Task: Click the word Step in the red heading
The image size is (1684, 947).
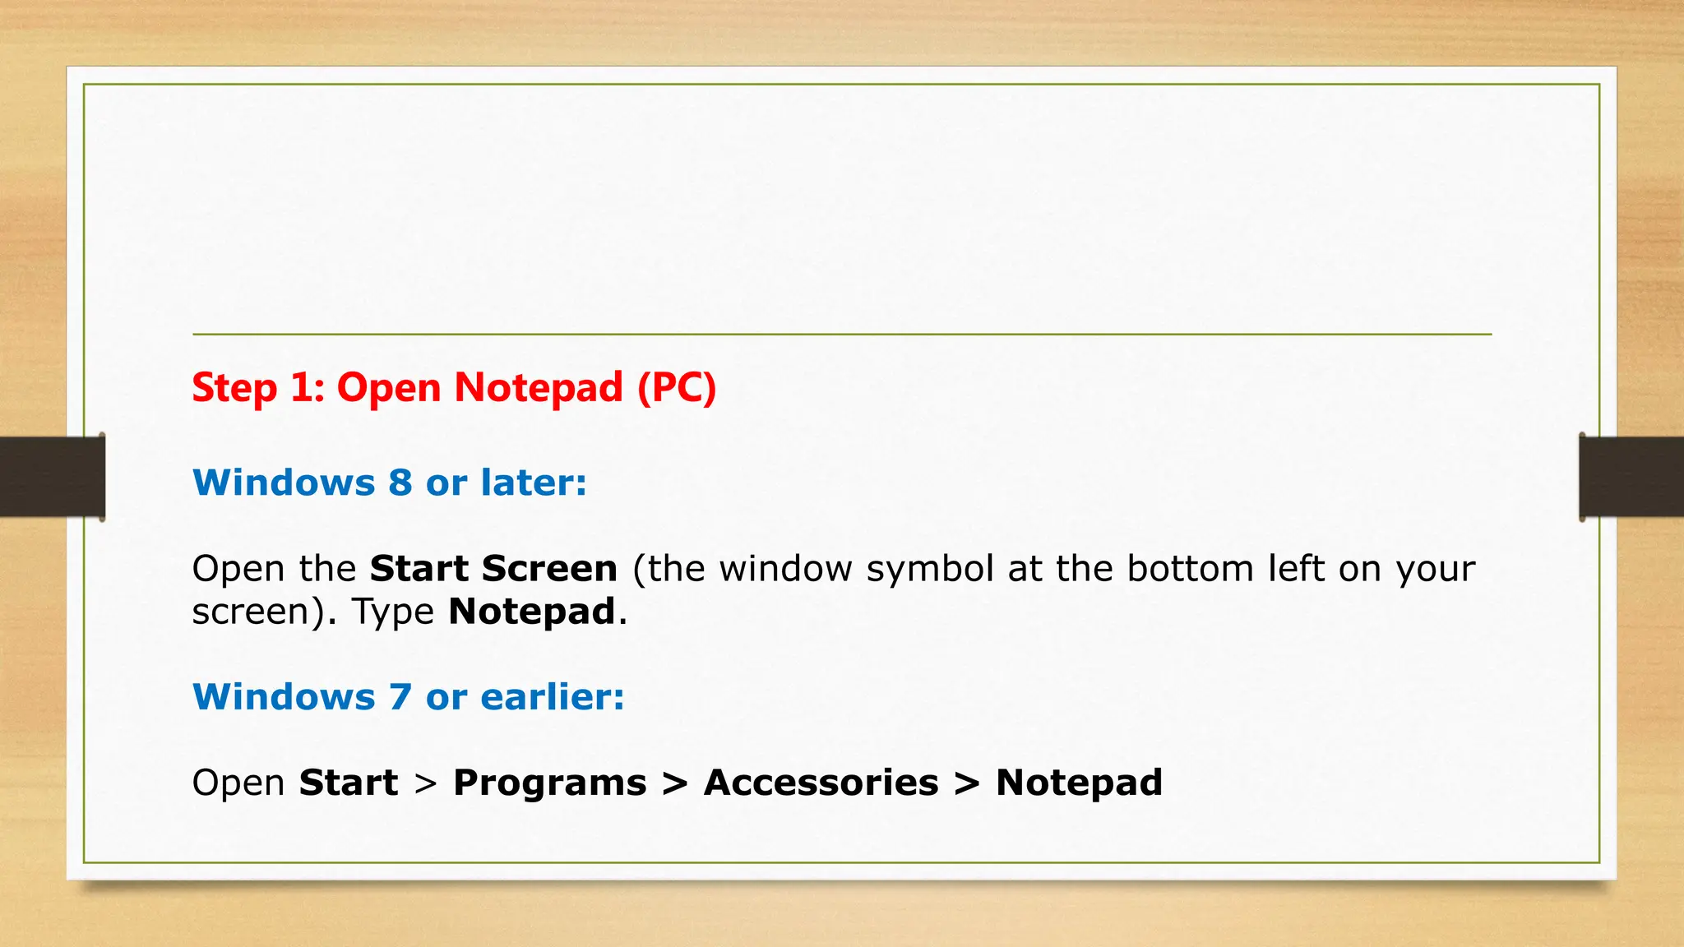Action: [234, 388]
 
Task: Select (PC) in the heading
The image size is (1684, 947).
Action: [677, 388]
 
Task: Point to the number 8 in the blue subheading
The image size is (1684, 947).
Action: [400, 483]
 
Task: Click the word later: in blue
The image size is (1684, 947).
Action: [534, 483]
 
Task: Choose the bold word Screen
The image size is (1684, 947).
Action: [549, 569]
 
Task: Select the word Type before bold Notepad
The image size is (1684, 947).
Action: [393, 612]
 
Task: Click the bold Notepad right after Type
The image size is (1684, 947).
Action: [532, 612]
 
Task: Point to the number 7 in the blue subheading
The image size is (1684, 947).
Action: [400, 697]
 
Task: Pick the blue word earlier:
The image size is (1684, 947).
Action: [553, 697]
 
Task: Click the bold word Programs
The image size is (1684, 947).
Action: [549, 783]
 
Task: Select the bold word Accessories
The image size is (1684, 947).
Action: [821, 783]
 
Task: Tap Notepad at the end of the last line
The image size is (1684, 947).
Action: [1079, 783]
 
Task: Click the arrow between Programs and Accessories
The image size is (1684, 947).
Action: [675, 783]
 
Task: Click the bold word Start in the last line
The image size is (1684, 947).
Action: [349, 783]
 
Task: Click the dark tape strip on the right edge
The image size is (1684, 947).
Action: [1631, 477]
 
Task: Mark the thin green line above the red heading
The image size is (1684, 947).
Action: [842, 335]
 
